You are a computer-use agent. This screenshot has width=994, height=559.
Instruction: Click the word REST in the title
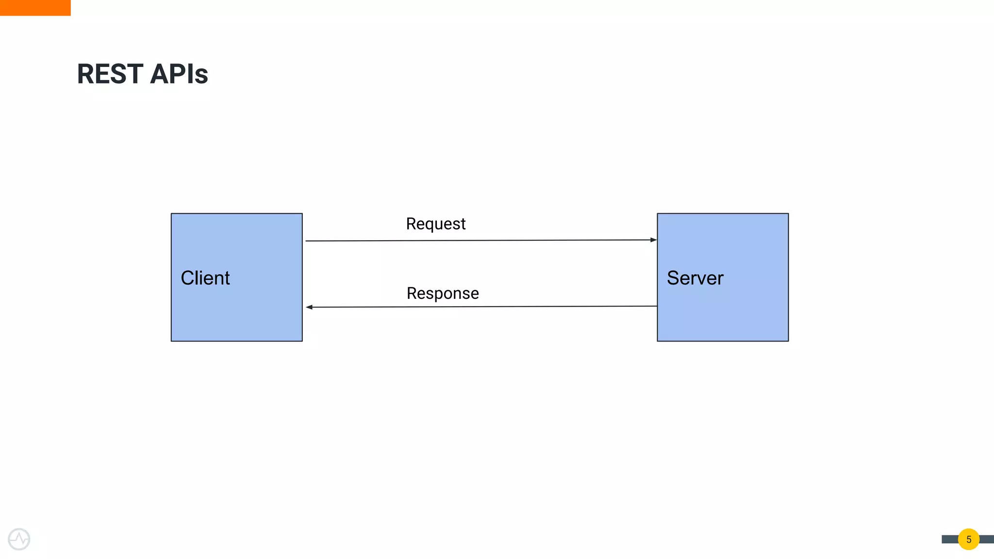click(x=110, y=74)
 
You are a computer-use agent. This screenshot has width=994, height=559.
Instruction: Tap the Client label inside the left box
click(x=205, y=278)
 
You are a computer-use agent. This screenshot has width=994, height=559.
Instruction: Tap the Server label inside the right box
click(x=695, y=278)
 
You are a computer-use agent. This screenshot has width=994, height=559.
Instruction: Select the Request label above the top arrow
click(x=435, y=224)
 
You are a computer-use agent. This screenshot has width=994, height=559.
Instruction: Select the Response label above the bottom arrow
click(x=443, y=294)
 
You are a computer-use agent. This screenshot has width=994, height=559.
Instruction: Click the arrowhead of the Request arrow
click(x=653, y=240)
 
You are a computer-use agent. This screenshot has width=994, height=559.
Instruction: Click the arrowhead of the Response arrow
click(x=309, y=307)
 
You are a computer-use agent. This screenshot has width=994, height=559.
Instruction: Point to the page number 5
click(x=969, y=540)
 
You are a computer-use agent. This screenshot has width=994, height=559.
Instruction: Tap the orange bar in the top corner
click(x=35, y=8)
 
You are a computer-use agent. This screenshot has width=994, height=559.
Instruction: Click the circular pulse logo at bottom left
click(x=19, y=539)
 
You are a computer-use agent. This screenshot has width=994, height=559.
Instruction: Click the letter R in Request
click(x=411, y=224)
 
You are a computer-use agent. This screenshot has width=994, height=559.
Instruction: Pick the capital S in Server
click(x=673, y=278)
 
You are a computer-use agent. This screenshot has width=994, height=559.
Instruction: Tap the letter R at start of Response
click(x=412, y=294)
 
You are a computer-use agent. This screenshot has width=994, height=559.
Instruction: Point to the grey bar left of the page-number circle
click(x=949, y=540)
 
